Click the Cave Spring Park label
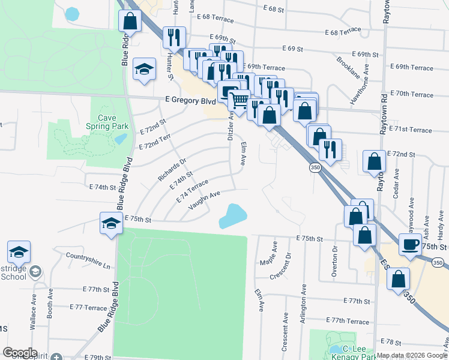(x=108, y=122)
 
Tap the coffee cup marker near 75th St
(x=411, y=245)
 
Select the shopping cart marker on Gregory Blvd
(x=240, y=100)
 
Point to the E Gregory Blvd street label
(x=190, y=101)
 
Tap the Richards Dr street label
(x=172, y=169)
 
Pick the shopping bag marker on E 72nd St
(x=375, y=161)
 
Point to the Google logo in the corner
(x=20, y=353)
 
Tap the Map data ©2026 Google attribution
(x=412, y=355)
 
